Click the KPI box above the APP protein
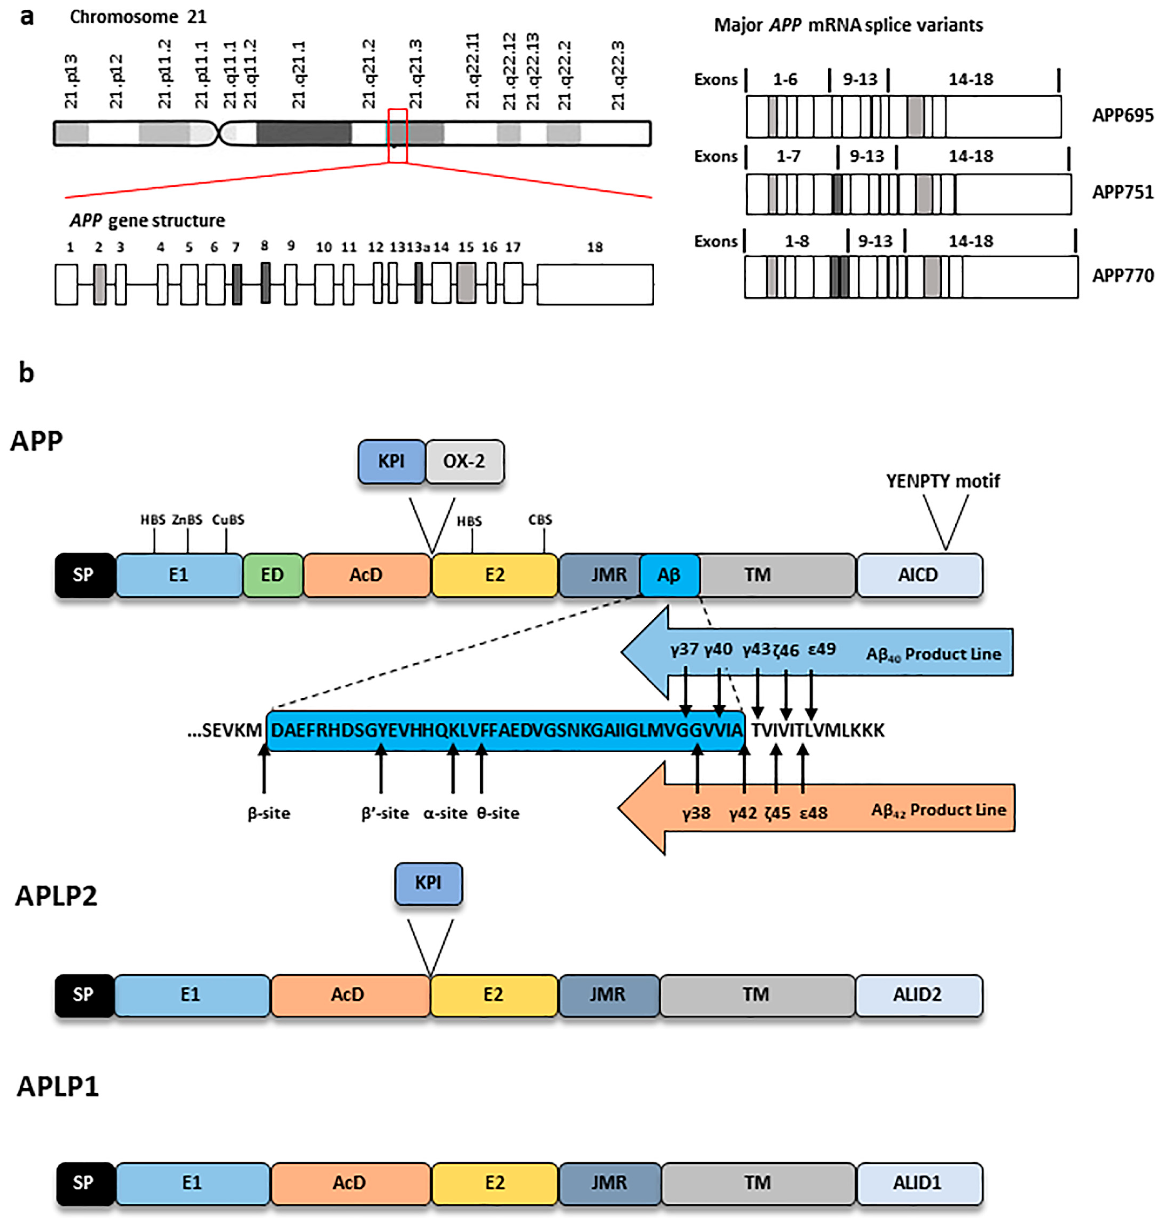[x=391, y=461]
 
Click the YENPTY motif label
[x=943, y=481]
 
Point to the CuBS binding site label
[x=228, y=519]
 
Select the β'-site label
[x=385, y=813]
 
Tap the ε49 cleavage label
[x=822, y=649]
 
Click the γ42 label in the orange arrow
[x=743, y=813]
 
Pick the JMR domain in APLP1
[x=609, y=1183]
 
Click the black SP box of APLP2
[x=84, y=994]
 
